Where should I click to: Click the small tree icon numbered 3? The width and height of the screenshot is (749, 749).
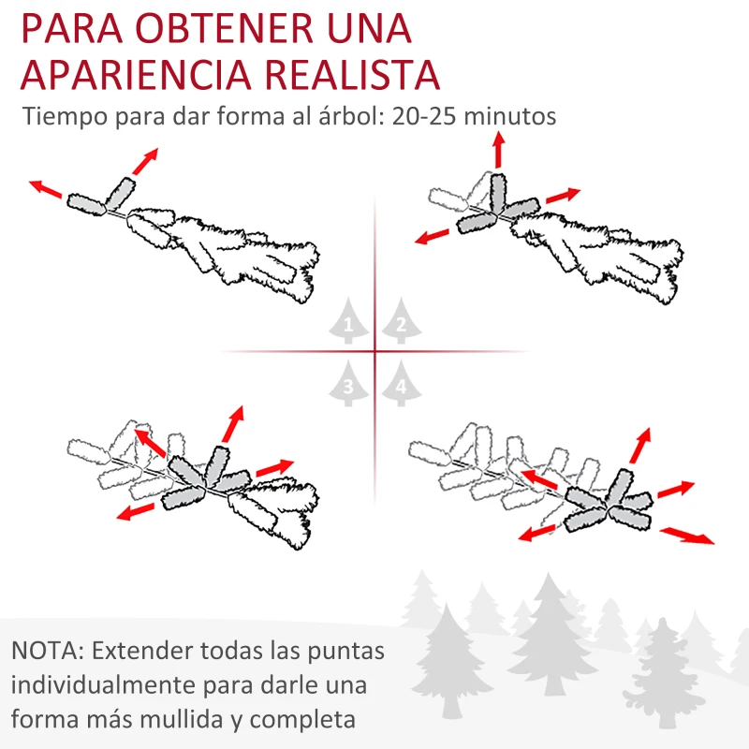[348, 385]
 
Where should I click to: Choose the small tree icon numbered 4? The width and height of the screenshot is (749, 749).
[401, 385]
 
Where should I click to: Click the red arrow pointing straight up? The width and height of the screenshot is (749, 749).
[498, 150]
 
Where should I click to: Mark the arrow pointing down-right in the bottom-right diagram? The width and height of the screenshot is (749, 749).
[687, 536]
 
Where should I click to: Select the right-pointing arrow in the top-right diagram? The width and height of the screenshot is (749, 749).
[563, 196]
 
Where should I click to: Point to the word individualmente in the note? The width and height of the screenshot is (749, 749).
[98, 685]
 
